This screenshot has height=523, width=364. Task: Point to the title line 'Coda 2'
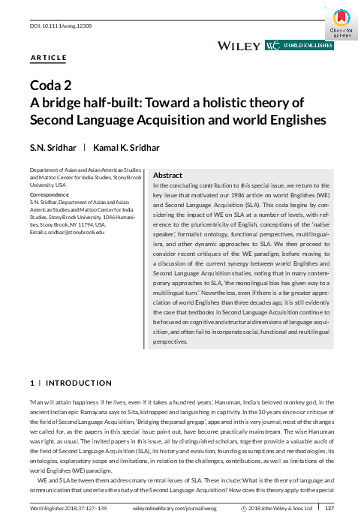pos(52,85)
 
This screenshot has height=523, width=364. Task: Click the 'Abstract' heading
pos(168,174)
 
